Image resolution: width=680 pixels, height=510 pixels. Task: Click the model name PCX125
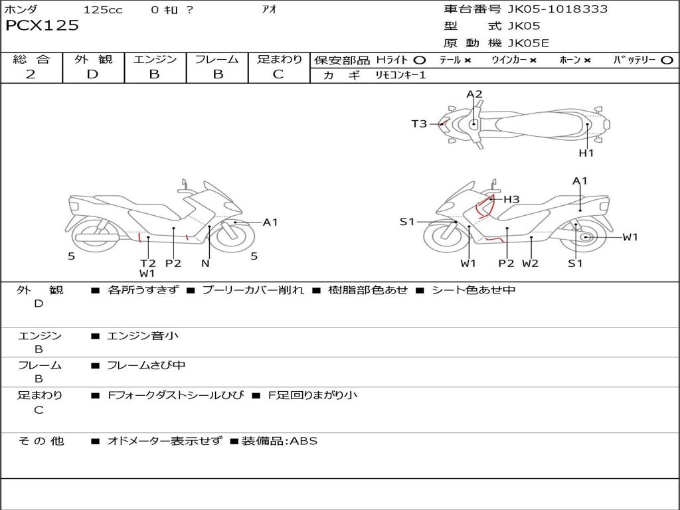point(42,26)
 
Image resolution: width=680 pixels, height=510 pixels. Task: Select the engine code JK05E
point(529,43)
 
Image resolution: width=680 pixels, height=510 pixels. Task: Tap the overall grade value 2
point(31,74)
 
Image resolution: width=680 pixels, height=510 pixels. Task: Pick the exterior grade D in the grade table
point(92,74)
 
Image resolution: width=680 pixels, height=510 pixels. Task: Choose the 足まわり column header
point(279,59)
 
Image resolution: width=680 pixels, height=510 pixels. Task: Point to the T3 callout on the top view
point(419,124)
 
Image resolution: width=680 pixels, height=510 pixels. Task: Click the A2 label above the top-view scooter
point(474,94)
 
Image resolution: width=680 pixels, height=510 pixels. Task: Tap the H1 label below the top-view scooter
point(586,153)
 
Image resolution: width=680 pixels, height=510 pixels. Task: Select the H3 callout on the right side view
point(511,199)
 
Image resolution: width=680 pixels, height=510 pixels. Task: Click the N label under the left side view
point(205,263)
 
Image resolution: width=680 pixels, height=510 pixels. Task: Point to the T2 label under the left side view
point(147,263)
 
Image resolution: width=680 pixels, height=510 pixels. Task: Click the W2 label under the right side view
point(530,263)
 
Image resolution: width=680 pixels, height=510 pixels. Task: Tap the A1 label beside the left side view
point(270,222)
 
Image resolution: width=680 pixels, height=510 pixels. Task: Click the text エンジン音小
point(143,336)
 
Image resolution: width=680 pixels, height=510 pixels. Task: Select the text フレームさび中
point(146,365)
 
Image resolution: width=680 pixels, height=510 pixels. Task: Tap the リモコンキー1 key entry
point(400,75)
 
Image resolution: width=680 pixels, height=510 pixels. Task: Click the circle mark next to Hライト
point(420,60)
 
